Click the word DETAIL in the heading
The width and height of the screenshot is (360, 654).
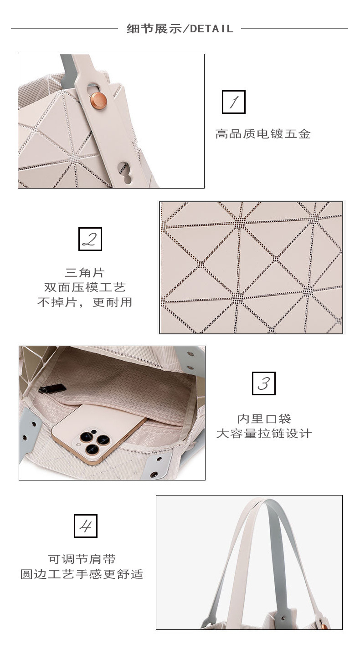tap(211, 29)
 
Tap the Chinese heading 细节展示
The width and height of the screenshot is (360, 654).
tap(154, 29)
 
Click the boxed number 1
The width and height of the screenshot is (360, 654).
tap(233, 102)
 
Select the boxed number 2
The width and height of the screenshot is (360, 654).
tap(90, 239)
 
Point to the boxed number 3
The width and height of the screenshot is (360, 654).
tap(263, 383)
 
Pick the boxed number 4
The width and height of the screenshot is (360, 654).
tap(85, 526)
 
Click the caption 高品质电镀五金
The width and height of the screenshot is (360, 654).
tap(262, 134)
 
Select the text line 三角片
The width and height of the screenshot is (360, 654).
tap(84, 273)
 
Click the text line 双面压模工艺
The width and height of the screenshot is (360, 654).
tap(85, 287)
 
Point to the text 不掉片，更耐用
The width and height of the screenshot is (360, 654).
tap(85, 302)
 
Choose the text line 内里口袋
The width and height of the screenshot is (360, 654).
tap(264, 419)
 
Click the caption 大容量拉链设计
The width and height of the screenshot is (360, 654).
tap(264, 433)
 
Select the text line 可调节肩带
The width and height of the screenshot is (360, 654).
tap(82, 559)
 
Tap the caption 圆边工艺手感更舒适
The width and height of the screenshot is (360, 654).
tap(82, 574)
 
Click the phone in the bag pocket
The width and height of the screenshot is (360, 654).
tap(99, 432)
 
